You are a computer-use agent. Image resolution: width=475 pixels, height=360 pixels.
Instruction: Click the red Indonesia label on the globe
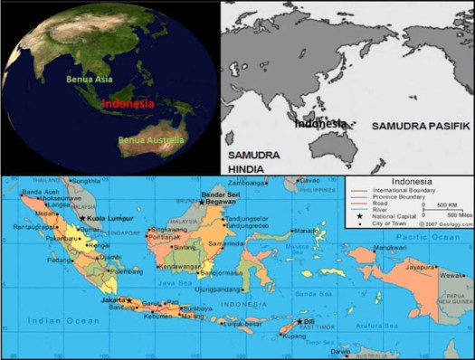[127, 104]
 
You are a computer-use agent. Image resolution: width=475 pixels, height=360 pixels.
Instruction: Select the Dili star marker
[300, 321]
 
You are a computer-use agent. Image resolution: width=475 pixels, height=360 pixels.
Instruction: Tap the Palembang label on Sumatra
[124, 270]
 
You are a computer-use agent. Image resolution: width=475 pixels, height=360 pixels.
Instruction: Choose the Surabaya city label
[199, 308]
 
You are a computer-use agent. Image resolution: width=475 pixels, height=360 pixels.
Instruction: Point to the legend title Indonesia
[409, 181]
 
